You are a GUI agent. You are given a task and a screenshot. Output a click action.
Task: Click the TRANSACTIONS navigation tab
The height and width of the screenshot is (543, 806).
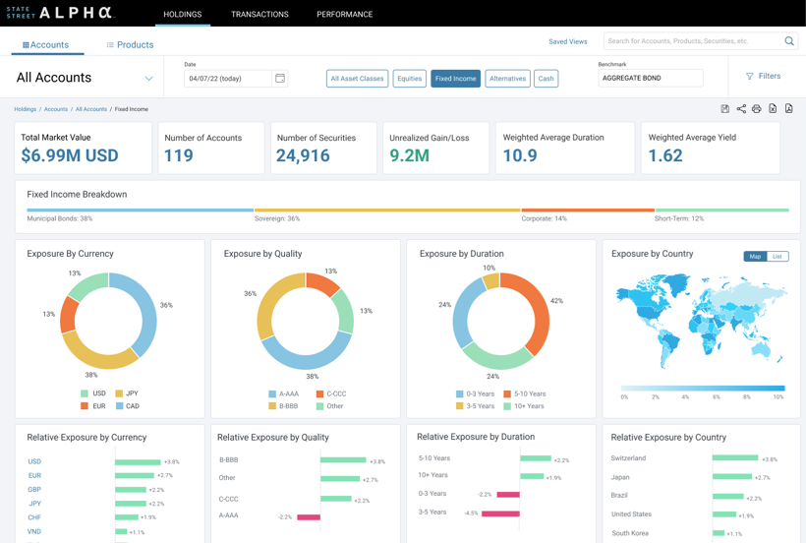259,15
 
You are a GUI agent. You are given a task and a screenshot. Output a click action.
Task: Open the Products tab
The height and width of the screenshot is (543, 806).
130,45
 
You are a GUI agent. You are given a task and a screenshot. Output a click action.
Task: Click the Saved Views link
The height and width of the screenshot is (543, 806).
567,41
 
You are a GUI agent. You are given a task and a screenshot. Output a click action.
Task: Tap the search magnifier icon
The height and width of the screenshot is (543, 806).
788,41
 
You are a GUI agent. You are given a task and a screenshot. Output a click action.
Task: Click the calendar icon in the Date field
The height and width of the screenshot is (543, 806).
280,79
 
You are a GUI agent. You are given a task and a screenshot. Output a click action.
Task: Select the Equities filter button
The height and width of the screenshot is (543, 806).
409,79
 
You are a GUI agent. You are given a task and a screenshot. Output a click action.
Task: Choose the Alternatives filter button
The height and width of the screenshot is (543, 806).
507,79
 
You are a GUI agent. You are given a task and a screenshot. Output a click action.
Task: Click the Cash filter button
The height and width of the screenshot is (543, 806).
546,79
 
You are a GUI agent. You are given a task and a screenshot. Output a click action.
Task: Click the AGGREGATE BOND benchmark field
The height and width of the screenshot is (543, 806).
650,79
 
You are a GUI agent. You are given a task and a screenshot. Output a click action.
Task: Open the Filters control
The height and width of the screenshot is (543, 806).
763,76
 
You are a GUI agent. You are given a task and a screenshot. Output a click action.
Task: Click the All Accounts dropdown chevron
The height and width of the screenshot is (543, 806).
148,79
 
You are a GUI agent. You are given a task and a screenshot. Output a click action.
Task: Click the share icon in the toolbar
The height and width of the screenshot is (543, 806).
741,109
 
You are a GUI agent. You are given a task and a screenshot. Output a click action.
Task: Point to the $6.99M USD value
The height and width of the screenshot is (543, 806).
70,155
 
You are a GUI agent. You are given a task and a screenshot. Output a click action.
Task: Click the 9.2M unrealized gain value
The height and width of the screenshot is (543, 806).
409,155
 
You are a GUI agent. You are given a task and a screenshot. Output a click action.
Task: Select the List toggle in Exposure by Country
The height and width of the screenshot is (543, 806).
777,256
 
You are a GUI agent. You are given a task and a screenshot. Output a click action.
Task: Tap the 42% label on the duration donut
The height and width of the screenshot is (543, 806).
556,301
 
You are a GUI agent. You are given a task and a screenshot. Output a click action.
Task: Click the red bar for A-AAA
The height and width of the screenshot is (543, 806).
309,516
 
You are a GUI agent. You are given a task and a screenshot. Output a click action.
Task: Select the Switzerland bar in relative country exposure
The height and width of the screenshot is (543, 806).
734,458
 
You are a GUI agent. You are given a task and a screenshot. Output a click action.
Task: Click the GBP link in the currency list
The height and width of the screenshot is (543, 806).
34,489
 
